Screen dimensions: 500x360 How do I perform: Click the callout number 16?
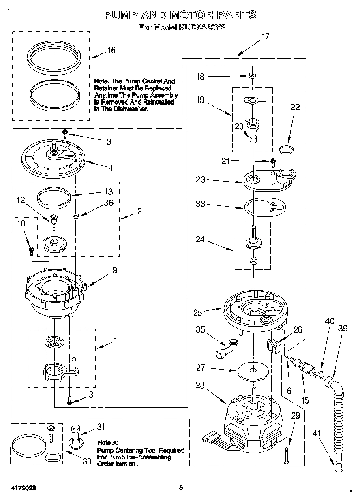tap(111, 50)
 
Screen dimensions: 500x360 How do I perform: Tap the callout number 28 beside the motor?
tap(200, 385)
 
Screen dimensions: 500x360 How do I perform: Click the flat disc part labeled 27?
tap(253, 370)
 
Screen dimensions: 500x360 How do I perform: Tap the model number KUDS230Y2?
tap(199, 28)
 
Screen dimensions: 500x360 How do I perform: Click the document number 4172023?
tap(24, 488)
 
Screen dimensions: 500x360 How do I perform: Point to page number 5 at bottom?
tap(182, 488)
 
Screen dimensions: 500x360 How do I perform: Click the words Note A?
tap(109, 443)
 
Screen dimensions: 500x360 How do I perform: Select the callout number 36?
tap(108, 203)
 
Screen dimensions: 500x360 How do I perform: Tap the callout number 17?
tap(265, 36)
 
